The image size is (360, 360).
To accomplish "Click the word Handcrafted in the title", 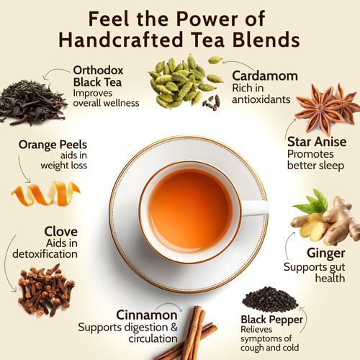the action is (121, 40).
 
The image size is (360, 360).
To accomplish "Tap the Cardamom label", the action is (265, 76).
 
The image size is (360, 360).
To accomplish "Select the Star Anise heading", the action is (317, 142).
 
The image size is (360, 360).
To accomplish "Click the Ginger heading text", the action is (326, 253).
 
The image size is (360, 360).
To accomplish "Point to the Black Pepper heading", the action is (271, 320).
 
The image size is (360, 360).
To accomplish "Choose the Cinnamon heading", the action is (147, 315).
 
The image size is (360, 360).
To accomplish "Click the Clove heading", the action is (61, 232).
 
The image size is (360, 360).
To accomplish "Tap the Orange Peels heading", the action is (53, 145).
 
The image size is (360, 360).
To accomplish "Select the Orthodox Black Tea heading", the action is (98, 76).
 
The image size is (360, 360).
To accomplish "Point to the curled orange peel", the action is (45, 194).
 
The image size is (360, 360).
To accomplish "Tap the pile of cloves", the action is (45, 290).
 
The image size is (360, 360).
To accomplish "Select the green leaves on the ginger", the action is (312, 203).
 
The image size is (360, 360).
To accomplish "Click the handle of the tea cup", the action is (255, 208).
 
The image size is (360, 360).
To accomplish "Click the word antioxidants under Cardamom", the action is (261, 99).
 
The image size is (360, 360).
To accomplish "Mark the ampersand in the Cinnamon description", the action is (173, 327).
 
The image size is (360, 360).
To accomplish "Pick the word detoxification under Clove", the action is (45, 254).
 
